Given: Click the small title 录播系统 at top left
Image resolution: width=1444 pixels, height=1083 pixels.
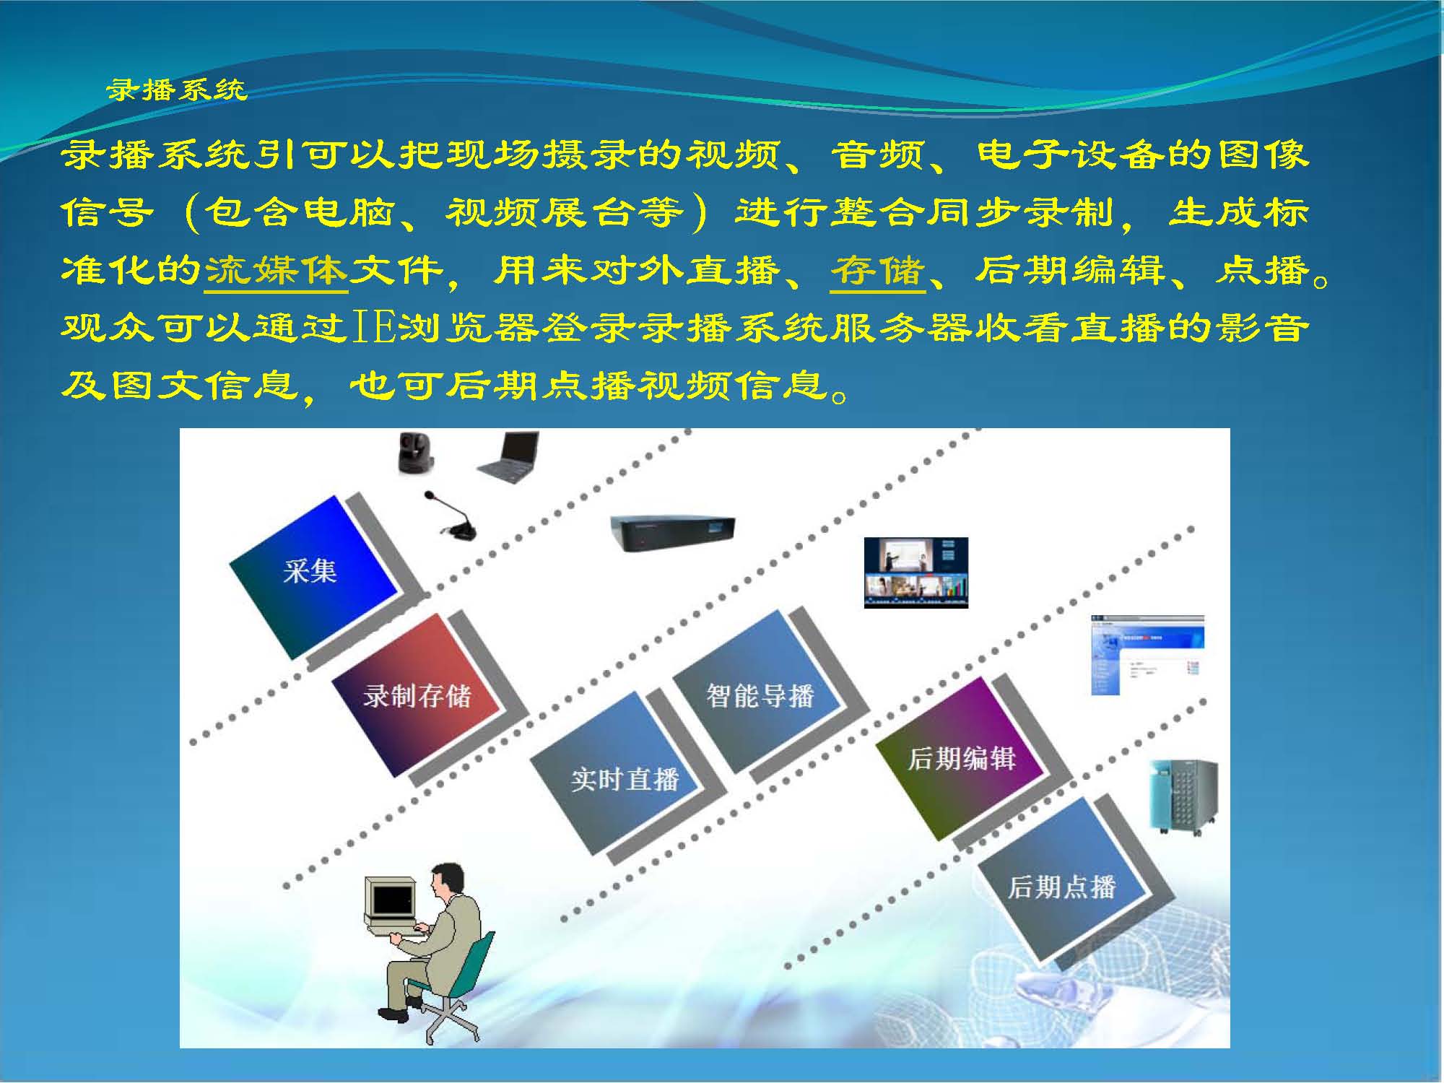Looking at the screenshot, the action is (177, 90).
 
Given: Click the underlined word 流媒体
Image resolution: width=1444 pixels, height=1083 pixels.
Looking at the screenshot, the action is (277, 271).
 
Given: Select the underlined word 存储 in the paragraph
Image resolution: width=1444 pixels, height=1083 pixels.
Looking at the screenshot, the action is (878, 271).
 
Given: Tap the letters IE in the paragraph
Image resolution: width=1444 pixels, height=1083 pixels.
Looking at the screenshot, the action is (374, 328).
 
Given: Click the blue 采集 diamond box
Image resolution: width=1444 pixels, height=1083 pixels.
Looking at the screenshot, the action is (313, 577).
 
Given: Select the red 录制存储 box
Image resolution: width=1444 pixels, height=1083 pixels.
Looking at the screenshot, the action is (417, 695).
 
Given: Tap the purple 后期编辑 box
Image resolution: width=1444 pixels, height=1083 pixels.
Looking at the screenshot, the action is (960, 758).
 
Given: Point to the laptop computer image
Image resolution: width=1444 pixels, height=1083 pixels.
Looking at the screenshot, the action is (508, 457).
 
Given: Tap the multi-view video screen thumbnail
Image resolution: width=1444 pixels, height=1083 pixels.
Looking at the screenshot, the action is (916, 573).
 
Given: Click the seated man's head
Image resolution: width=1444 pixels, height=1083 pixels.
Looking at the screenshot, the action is (445, 881).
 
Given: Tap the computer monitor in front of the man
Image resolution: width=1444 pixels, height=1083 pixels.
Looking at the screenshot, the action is (391, 899).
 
